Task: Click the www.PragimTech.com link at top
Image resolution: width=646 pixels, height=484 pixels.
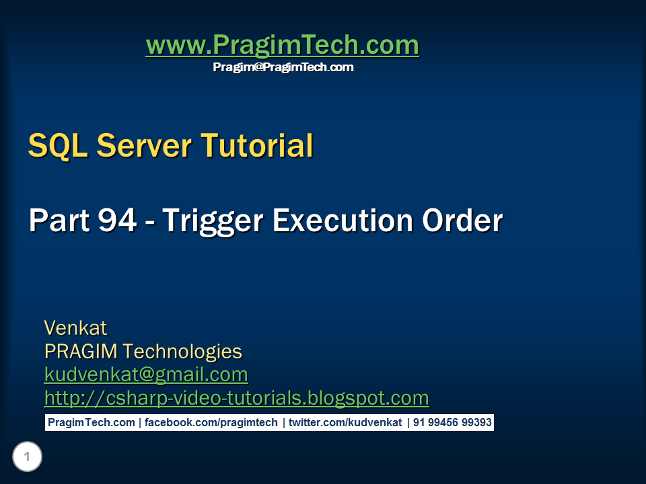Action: pyautogui.click(x=282, y=46)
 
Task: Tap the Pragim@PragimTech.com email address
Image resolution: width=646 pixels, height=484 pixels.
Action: pyautogui.click(x=283, y=67)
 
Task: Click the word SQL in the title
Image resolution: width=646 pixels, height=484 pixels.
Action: pyautogui.click(x=58, y=145)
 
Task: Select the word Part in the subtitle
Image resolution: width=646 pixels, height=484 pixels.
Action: pyautogui.click(x=59, y=220)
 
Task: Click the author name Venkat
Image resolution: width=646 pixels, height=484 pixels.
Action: pyautogui.click(x=75, y=328)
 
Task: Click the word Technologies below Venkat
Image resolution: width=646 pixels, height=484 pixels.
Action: pyautogui.click(x=182, y=352)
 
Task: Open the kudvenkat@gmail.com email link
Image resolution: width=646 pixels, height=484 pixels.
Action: pyautogui.click(x=146, y=374)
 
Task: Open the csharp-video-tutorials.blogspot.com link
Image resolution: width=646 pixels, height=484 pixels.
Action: pyautogui.click(x=236, y=398)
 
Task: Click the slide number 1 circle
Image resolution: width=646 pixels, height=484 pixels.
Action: pyautogui.click(x=27, y=458)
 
